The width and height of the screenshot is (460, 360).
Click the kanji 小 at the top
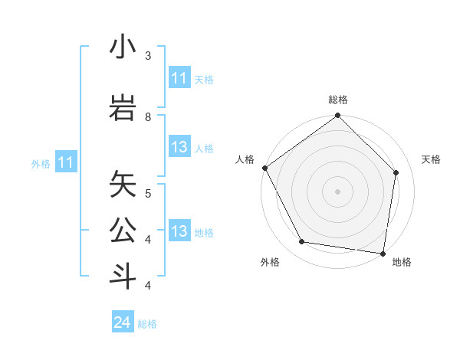(123, 47)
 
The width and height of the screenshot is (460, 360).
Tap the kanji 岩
(123, 106)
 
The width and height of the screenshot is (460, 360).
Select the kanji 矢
(123, 185)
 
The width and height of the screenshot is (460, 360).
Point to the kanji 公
(123, 230)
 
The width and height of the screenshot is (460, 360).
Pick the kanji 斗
(123, 275)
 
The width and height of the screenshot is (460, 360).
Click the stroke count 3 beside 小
(148, 56)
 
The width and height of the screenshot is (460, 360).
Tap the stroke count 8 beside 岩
(148, 116)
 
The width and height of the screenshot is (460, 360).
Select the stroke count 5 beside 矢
(148, 193)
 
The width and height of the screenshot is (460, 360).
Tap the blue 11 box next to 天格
(179, 78)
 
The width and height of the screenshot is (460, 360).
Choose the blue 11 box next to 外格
(66, 162)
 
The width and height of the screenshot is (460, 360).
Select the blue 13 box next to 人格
(179, 148)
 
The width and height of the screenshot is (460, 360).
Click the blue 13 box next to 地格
(179, 231)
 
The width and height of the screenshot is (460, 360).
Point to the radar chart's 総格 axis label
(338, 100)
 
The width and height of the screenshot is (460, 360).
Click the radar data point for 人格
(264, 168)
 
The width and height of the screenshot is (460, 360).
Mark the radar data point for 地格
(383, 253)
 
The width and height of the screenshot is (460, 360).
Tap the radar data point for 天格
(396, 172)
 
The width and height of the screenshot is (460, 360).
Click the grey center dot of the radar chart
(337, 191)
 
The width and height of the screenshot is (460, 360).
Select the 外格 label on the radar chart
(270, 262)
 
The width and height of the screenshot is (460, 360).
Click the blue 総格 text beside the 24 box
(147, 324)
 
